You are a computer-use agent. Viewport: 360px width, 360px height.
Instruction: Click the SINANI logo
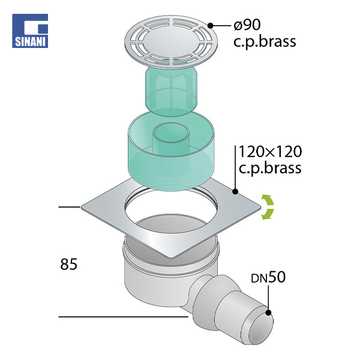coord(30,31)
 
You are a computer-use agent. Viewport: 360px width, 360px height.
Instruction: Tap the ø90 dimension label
coord(247,25)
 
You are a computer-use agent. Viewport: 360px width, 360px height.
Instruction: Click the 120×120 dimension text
coord(270,152)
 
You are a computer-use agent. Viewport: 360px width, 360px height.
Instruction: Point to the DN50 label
coord(268,277)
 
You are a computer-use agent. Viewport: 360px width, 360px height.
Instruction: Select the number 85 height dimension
coord(68,264)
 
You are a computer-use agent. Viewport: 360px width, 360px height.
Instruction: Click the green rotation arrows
coord(268,206)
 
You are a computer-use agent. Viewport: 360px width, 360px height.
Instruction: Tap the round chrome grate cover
coord(171,42)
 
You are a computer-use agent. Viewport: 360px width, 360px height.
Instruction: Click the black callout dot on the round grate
coord(211,25)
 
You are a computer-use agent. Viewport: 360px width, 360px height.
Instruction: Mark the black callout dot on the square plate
coord(235,191)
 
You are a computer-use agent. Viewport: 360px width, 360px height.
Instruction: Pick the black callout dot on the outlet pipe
coord(268,313)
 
